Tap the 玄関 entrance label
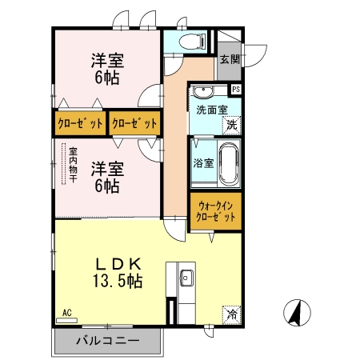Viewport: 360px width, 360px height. coord(230,59)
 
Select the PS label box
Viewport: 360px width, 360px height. coord(236,89)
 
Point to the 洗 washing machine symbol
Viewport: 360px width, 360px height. coord(231,124)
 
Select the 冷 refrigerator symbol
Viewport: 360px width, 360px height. coord(231,314)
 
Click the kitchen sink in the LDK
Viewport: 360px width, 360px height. coord(186,279)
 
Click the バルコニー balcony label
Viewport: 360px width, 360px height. coord(108,341)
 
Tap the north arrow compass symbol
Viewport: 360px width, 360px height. coord(296,312)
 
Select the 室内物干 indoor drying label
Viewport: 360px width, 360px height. coord(72,163)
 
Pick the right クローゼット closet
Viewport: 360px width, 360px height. coord(134,124)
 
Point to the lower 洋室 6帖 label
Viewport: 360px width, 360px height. coord(106,177)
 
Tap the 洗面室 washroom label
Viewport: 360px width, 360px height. coord(212,110)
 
